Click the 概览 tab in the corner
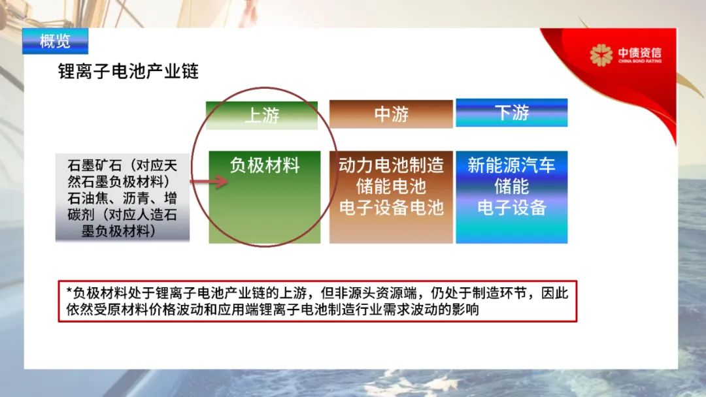(55, 41)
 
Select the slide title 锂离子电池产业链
(128, 71)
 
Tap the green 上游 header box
(261, 116)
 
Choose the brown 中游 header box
(391, 114)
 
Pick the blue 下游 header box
(511, 112)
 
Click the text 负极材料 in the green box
(265, 165)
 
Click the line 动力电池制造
(392, 165)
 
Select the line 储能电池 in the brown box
(392, 186)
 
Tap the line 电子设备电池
(392, 207)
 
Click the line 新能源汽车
(511, 165)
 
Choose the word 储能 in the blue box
(511, 186)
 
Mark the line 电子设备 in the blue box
(511, 207)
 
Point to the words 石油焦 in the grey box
(88, 198)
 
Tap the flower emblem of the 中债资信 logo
(601, 56)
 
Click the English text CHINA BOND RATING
(640, 61)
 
